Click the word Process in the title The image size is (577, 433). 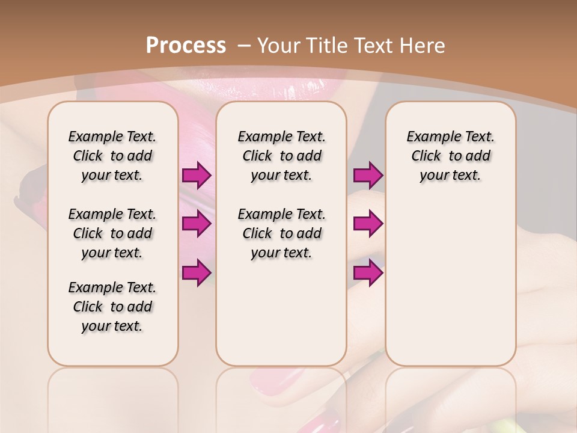coord(186,45)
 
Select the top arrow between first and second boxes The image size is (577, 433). coord(197,176)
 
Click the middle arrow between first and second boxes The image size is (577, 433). coord(197,224)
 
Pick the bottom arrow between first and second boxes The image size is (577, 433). coord(197,272)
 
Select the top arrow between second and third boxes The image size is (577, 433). coord(368,176)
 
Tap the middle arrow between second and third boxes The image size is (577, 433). coord(368,224)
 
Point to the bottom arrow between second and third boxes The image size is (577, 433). coord(368,272)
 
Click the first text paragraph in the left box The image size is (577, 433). coord(112,156)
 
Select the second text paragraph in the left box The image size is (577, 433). coord(112,233)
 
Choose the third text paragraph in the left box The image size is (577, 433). coord(112,307)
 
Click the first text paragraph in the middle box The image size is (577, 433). coord(281,156)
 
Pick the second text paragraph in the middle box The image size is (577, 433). coord(281,233)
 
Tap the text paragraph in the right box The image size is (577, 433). coord(450,156)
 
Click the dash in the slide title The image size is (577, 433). coord(244,46)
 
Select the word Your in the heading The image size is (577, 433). coord(278,45)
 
